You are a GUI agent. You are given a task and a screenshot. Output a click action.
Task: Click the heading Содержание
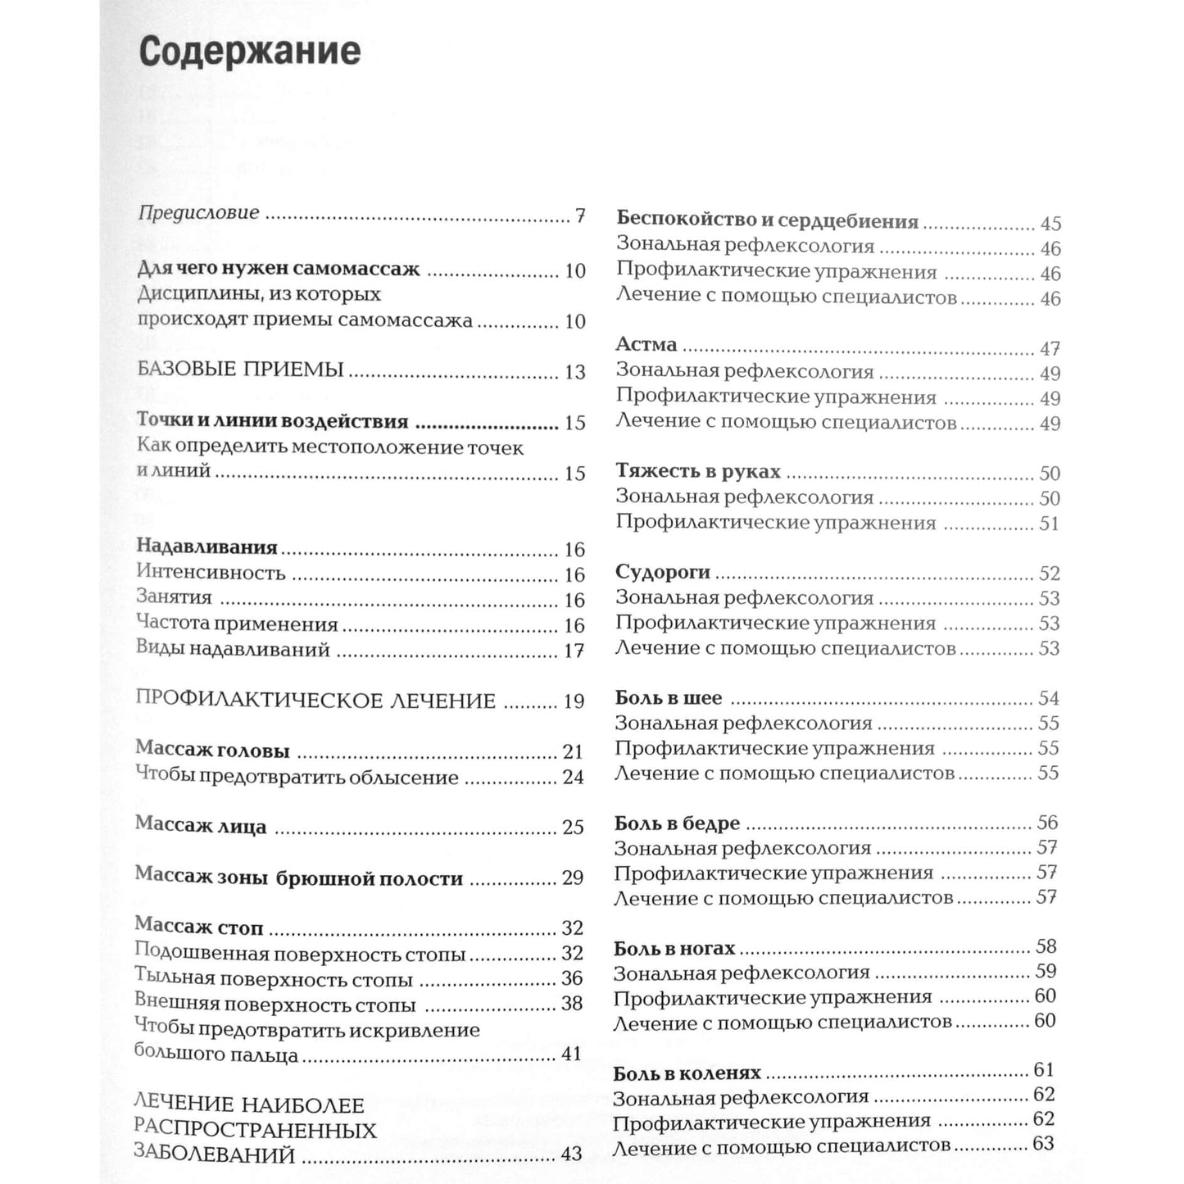[249, 52]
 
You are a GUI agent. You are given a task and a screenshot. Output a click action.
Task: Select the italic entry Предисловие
[198, 213]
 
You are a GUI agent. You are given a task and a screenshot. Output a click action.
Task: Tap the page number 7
[579, 216]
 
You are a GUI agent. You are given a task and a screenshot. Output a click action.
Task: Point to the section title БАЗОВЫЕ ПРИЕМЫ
[240, 370]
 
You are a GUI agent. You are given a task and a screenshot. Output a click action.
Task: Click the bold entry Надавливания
[206, 547]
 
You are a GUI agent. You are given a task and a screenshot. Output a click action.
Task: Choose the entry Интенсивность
[211, 573]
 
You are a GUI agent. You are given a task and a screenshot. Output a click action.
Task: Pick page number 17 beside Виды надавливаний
[574, 651]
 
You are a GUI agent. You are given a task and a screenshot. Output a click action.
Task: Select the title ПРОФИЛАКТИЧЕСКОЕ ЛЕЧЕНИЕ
[315, 701]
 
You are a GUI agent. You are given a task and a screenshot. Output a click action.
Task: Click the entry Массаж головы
[212, 750]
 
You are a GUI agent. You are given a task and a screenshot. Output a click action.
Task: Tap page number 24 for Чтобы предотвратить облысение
[573, 777]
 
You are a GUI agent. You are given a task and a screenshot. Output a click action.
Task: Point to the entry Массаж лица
[201, 826]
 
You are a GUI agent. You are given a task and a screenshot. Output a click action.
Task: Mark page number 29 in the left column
[572, 878]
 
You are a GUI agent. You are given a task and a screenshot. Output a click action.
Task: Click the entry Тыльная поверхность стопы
[273, 979]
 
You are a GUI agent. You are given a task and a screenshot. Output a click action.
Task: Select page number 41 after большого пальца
[571, 1054]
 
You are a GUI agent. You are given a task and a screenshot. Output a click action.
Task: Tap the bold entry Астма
[646, 345]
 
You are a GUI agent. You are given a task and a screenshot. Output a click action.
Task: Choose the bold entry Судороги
[663, 572]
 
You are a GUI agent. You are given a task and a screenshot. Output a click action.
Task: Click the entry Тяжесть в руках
[698, 472]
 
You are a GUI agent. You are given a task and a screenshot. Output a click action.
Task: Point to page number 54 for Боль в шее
[1049, 698]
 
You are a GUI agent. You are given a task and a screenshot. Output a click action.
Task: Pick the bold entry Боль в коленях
[687, 1073]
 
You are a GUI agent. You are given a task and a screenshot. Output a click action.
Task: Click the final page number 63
[1043, 1144]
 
